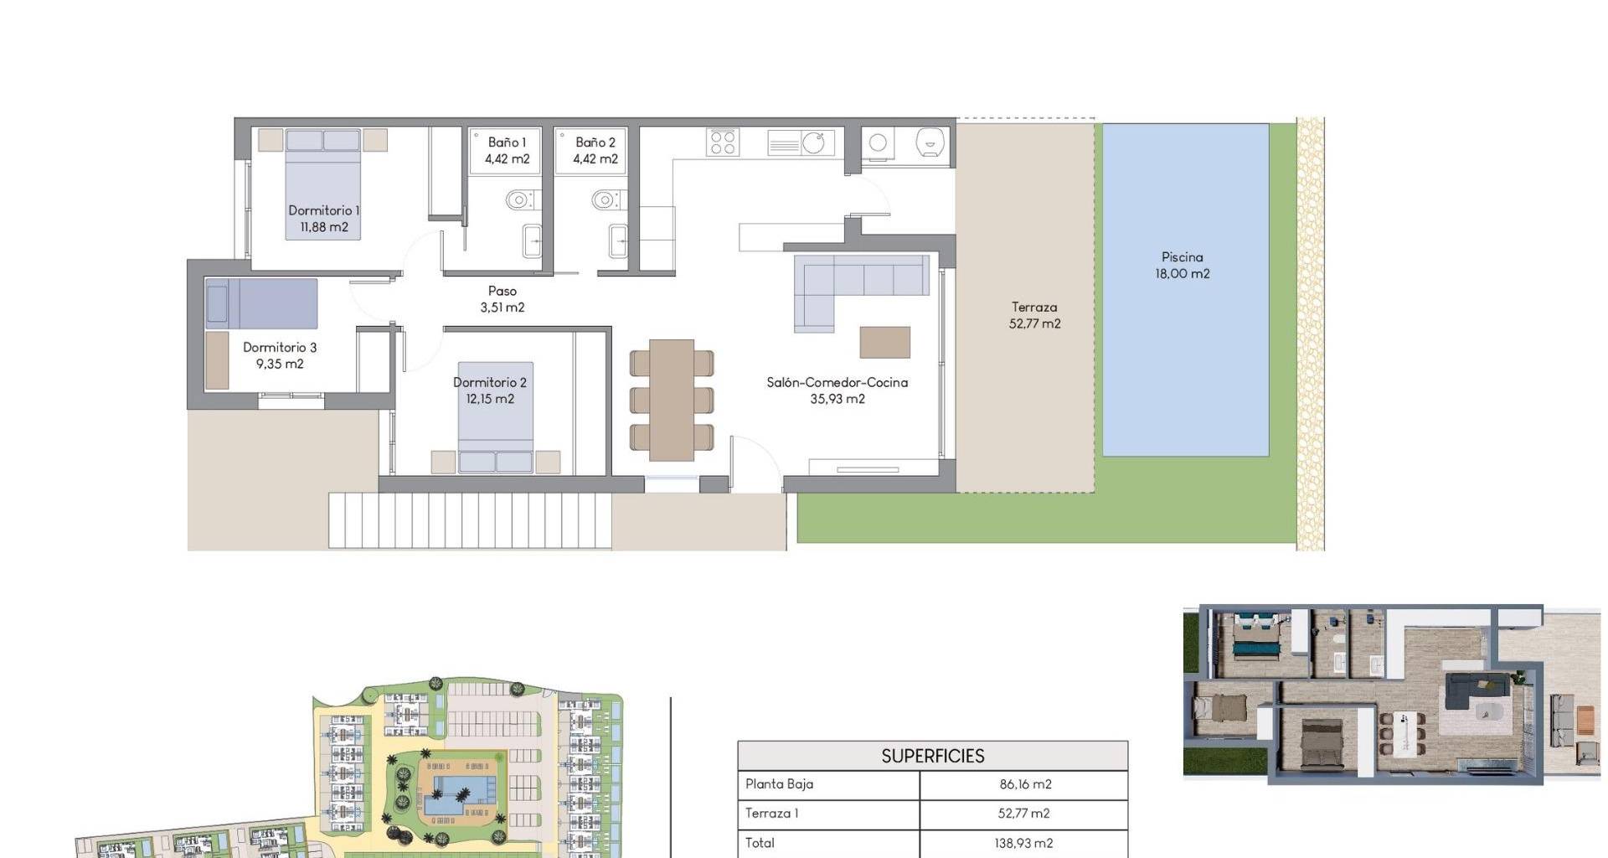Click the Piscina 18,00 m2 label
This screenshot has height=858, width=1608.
[x=1182, y=265]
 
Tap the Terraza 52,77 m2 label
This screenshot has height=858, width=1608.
[x=1034, y=315]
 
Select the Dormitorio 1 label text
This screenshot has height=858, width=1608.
[x=323, y=210]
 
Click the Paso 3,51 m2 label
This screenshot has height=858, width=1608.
[x=502, y=299]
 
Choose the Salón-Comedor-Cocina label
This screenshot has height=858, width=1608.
[x=837, y=382]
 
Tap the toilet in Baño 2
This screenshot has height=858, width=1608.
[x=607, y=199]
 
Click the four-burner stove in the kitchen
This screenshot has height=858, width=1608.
[x=723, y=142]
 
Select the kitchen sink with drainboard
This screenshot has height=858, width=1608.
[x=801, y=142]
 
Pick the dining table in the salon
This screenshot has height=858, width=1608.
[x=672, y=400]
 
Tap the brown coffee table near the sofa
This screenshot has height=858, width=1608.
[x=885, y=342]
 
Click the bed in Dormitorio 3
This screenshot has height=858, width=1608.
[x=261, y=303]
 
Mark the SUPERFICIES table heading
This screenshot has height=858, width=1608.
[x=933, y=756]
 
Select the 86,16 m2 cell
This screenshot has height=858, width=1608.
[x=1025, y=784]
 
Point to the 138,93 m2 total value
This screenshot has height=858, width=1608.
[x=1025, y=843]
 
